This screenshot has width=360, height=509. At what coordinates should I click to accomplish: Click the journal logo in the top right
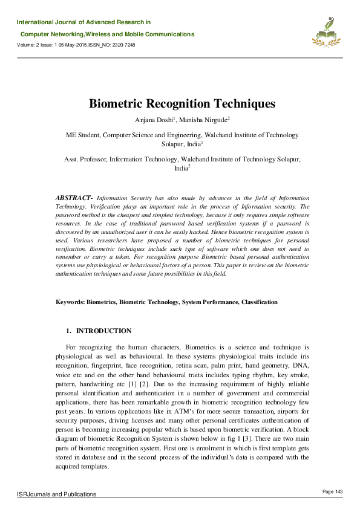(326, 32)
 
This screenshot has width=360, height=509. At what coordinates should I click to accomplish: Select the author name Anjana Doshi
(152, 120)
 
